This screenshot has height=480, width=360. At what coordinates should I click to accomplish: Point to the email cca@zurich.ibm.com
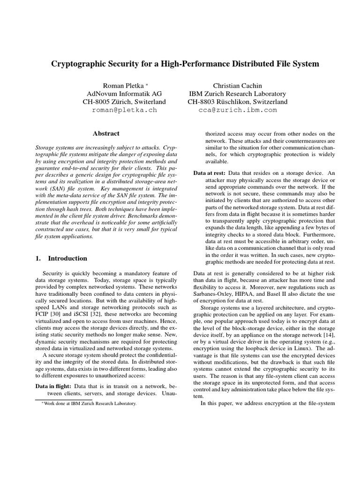(x=238, y=110)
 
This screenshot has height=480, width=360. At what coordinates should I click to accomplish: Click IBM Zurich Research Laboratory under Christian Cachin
(x=238, y=93)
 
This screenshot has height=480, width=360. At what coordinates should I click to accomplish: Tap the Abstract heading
(x=106, y=134)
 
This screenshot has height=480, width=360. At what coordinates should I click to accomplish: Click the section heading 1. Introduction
(x=61, y=258)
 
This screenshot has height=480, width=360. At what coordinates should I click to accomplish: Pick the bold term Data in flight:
(x=54, y=386)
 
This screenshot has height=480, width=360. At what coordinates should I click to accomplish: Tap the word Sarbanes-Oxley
(x=216, y=294)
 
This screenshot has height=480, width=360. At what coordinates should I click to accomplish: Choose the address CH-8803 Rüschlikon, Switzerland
(x=238, y=102)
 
